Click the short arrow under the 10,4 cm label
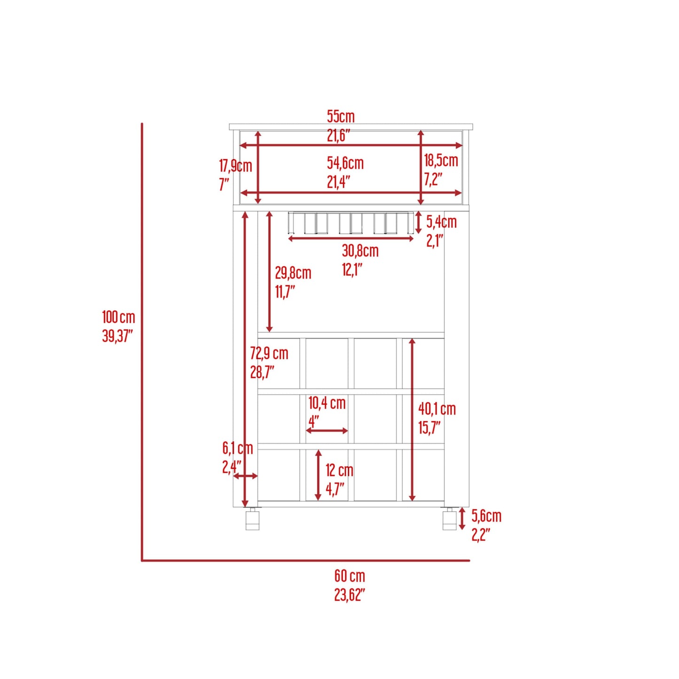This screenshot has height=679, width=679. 327,430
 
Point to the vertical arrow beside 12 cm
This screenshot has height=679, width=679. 318,475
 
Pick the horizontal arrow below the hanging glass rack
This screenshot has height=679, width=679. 351,239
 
